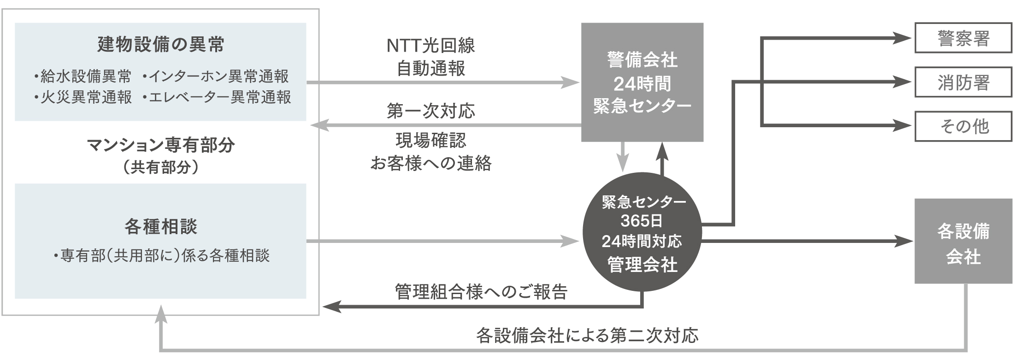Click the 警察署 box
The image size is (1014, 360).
(963, 38)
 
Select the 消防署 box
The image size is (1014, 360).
(963, 82)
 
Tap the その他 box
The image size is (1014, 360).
(963, 126)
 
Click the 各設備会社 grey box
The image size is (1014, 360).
(963, 241)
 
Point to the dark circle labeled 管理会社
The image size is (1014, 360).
(642, 233)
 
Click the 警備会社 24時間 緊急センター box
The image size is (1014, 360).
(642, 82)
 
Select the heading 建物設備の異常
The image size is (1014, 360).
(161, 45)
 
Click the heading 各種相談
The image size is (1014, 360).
(161, 227)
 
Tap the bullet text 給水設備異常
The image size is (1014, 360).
(83, 76)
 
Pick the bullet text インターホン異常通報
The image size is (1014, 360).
(216, 76)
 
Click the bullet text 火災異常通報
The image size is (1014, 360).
(83, 97)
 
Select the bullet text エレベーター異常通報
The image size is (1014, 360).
(217, 97)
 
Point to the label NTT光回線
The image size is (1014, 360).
(430, 46)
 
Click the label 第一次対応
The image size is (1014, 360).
(430, 111)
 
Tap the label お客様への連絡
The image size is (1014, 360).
(431, 163)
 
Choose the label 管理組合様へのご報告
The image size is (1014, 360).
(481, 292)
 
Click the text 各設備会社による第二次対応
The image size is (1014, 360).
(587, 336)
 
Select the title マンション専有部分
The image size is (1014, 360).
(161, 146)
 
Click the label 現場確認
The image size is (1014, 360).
(431, 141)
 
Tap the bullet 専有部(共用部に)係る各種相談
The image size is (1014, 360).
(161, 256)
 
